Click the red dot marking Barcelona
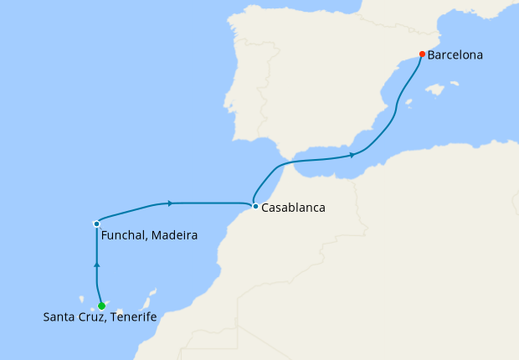tap(422, 54)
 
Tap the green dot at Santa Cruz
tap(101, 306)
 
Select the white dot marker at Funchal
tap(97, 224)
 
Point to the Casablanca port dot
tap(254, 206)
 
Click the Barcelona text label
tap(455, 55)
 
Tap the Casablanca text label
tap(293, 208)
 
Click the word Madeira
tap(176, 236)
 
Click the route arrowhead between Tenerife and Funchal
tap(97, 265)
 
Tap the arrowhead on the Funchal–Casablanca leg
tap(170, 203)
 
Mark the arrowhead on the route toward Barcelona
tap(352, 155)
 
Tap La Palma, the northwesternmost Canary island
tap(82, 297)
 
